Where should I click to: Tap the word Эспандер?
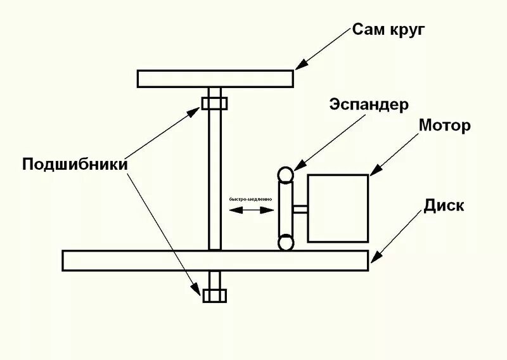click(369, 105)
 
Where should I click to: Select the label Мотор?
click(444, 125)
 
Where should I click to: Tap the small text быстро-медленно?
click(251, 199)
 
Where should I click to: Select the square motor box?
click(337, 208)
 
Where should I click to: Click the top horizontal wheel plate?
click(215, 78)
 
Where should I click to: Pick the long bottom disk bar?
click(215, 260)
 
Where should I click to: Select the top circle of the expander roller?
click(286, 175)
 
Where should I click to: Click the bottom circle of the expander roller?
click(286, 242)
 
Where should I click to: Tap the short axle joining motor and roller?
click(301, 209)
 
